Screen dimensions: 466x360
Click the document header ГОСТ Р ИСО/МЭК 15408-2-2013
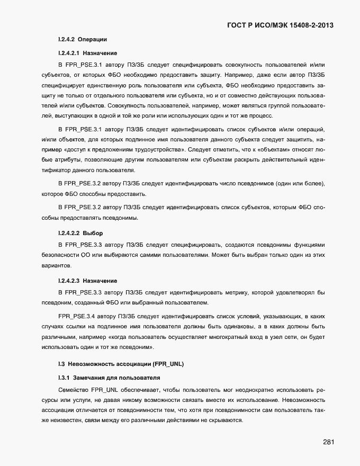tap(281, 25)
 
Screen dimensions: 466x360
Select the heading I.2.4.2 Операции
tap(82, 40)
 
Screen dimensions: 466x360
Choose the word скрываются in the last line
tap(226, 420)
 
